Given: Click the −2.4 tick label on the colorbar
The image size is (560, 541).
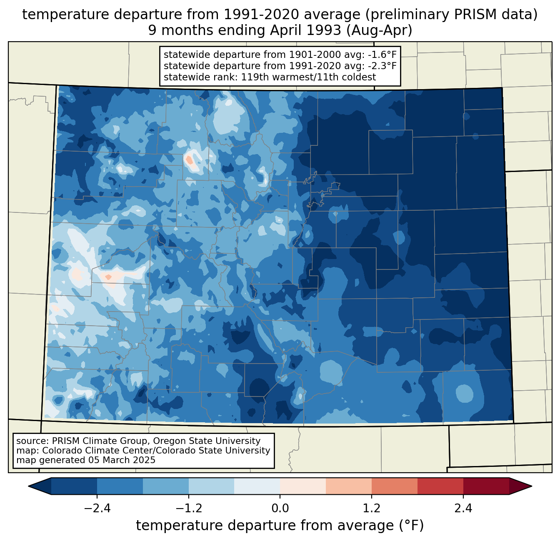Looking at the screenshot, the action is click(97, 509).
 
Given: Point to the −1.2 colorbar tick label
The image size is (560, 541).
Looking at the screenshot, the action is click(189, 509).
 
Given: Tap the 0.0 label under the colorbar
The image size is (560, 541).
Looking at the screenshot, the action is click(280, 509).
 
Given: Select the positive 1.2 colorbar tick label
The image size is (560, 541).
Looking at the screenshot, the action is click(372, 509).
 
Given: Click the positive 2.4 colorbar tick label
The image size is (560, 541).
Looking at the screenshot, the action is click(463, 509).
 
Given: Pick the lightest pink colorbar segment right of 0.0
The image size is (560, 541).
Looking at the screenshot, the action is click(303, 486).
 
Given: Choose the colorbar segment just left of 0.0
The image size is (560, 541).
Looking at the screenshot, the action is click(257, 486).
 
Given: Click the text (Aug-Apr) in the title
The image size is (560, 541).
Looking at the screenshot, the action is click(379, 30).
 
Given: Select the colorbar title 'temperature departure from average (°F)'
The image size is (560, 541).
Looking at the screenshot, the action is click(280, 526).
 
